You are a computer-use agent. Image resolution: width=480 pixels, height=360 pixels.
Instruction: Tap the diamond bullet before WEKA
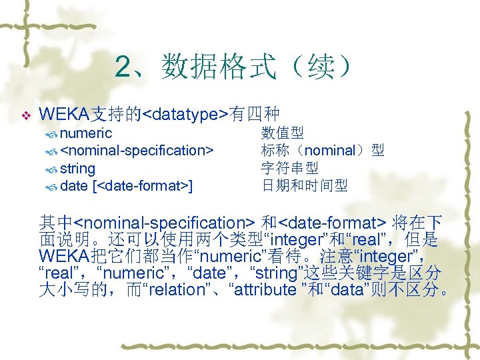(x=26, y=116)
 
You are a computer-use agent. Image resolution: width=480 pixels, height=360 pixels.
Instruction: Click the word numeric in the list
(x=86, y=133)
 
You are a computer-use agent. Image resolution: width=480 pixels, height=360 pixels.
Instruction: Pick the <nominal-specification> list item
(x=137, y=151)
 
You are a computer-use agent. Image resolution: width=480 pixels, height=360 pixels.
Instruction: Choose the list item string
(x=77, y=168)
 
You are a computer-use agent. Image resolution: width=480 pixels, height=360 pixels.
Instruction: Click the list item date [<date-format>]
(x=127, y=185)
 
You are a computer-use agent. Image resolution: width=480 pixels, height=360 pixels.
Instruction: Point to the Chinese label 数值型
(x=283, y=133)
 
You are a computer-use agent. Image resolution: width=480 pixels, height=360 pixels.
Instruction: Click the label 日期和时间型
(x=304, y=185)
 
